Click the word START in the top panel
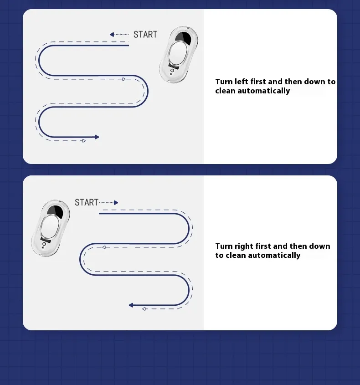coord(145,34)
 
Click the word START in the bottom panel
coord(87,202)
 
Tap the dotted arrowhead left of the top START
coord(112,34)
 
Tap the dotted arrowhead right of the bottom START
coord(116,203)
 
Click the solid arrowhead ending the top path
coord(97,137)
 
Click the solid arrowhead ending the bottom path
coord(131,305)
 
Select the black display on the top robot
coord(183,39)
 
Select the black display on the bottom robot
coord(55,212)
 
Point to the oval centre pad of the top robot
coord(178,53)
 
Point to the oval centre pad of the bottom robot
coord(50,226)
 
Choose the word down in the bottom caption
coord(319,246)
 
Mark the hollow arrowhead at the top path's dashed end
coord(84,141)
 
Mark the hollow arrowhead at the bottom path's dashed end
coord(144,309)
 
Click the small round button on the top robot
coord(172,71)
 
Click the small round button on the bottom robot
coord(44,244)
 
